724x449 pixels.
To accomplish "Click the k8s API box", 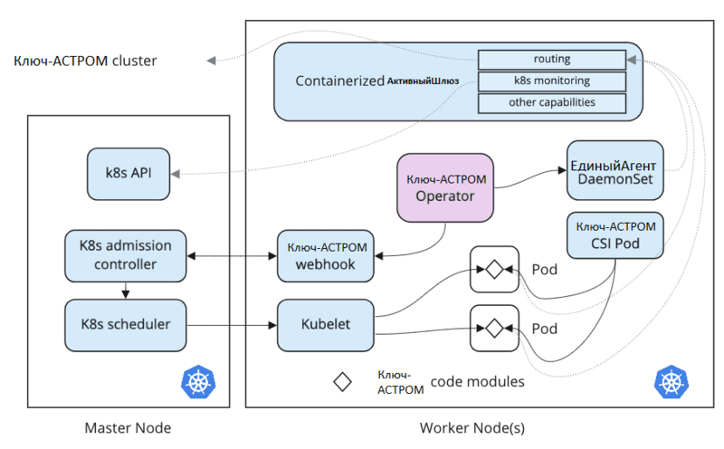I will pos(129,173).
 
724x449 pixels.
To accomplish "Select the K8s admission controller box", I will pos(125,254).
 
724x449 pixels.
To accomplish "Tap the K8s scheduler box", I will pos(125,324).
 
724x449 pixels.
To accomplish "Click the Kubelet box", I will pos(326,324).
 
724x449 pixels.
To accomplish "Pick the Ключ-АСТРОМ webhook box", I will pos(326,255).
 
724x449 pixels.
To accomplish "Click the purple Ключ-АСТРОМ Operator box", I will pos(445,187).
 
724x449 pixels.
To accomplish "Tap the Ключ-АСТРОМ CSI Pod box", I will pos(614,234).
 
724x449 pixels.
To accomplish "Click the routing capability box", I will pos(552,60).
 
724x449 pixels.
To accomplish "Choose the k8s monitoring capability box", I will pos(552,81).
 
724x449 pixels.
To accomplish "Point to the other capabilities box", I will pos(552,102).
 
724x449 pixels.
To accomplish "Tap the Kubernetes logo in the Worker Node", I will pos(671,381).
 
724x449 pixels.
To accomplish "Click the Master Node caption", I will pos(127,428).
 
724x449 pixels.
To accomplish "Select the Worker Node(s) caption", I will pos(472,428).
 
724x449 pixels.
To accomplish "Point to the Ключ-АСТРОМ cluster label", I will pos(85,62).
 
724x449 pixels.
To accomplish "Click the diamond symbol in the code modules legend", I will pos(343,382).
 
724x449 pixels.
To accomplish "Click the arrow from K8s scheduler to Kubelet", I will pos(230,324).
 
